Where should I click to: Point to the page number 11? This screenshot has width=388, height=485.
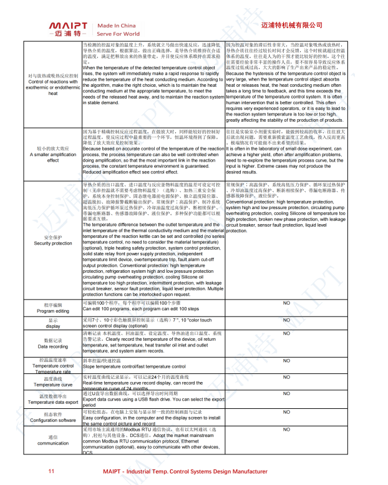tap(52, 472)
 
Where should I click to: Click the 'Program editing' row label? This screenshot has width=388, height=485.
tap(53, 308)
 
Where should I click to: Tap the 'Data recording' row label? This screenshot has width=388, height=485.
tap(53, 344)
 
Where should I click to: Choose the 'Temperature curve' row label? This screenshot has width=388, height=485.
tap(53, 382)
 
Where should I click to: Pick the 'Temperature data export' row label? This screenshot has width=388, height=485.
tap(53, 399)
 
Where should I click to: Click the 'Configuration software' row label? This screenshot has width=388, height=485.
tap(53, 417)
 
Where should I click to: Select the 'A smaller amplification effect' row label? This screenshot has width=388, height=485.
tap(53, 154)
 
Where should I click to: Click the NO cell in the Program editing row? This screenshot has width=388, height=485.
tap(286, 303)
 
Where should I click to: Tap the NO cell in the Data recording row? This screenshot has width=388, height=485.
tap(286, 334)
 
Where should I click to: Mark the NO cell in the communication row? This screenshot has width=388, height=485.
tap(286, 429)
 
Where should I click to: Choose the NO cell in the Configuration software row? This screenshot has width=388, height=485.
tap(286, 412)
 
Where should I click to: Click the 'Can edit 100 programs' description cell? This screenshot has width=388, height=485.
tap(153, 306)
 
